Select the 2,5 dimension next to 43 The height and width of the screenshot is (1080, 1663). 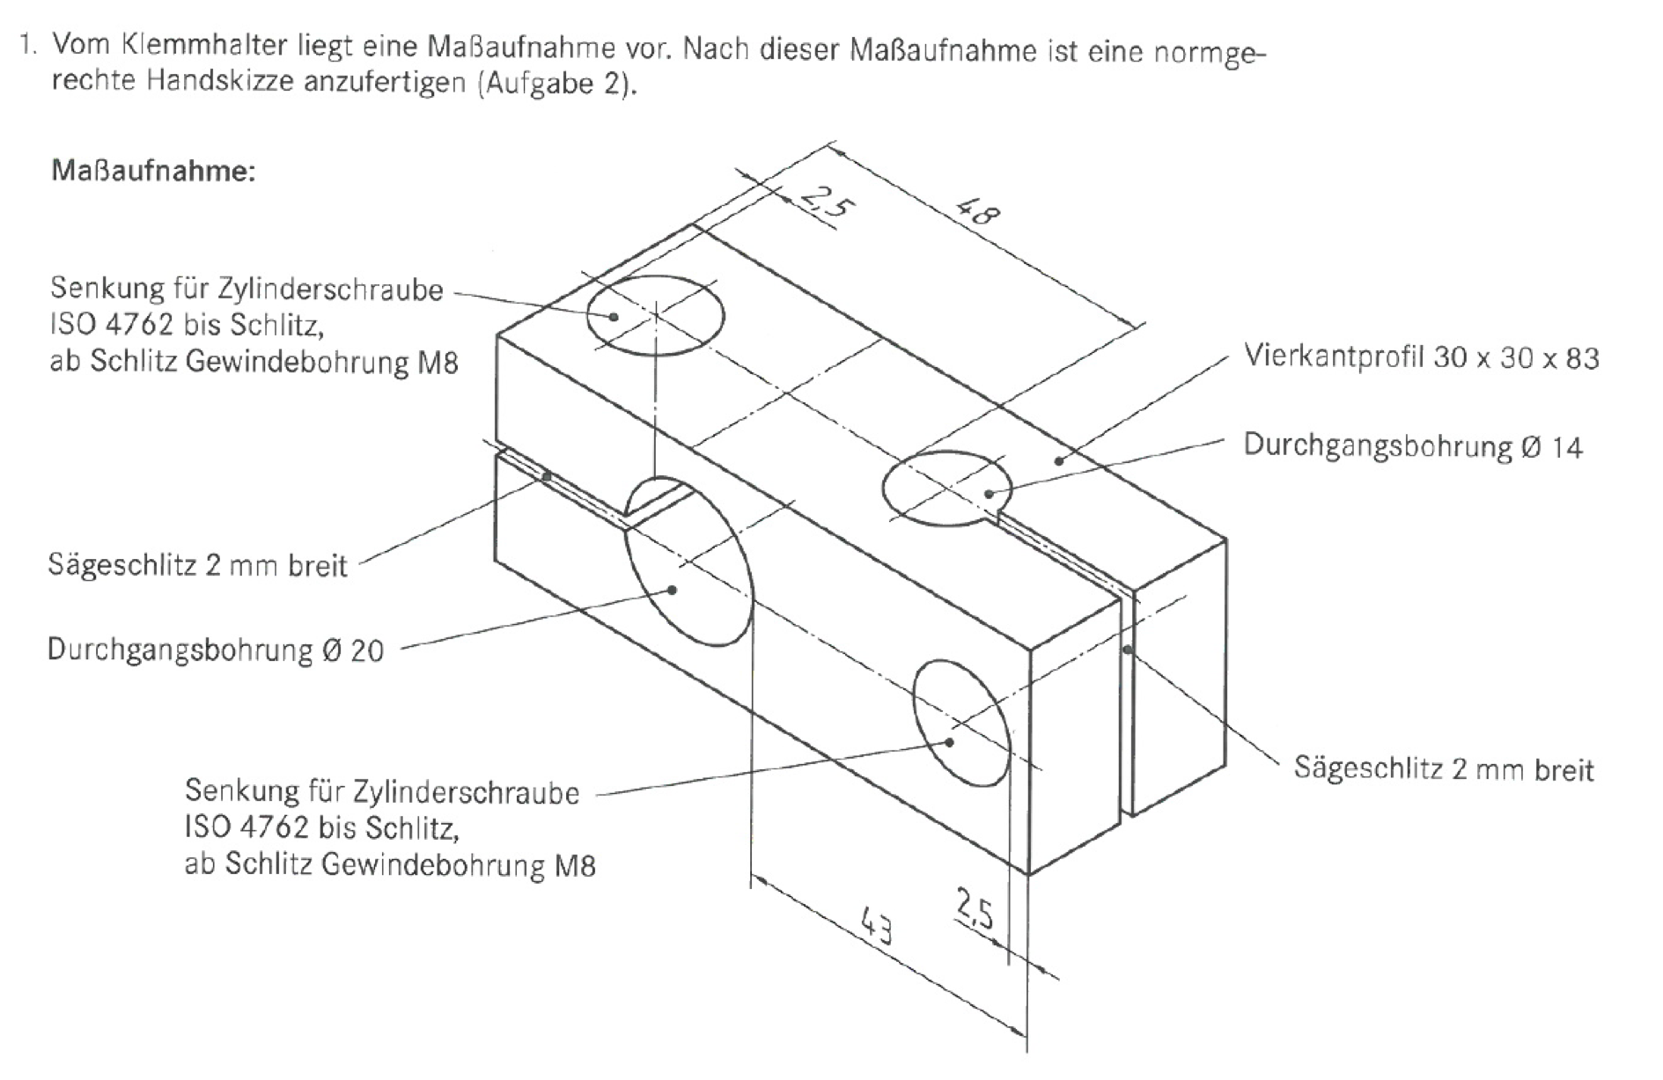tap(975, 911)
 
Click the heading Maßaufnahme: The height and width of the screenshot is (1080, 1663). tap(153, 170)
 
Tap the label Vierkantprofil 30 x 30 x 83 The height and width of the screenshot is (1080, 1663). tap(1421, 357)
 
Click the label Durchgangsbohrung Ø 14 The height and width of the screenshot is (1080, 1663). tap(1412, 446)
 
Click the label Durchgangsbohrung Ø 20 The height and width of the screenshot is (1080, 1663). tap(216, 650)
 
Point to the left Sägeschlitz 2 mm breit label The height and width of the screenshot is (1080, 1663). tap(198, 564)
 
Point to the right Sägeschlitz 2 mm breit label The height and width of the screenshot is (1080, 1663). tap(1444, 768)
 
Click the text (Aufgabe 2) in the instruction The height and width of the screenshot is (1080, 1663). tap(555, 85)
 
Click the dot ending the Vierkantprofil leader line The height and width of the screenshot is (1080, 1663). tap(1059, 460)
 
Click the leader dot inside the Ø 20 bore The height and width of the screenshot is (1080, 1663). tap(673, 590)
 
